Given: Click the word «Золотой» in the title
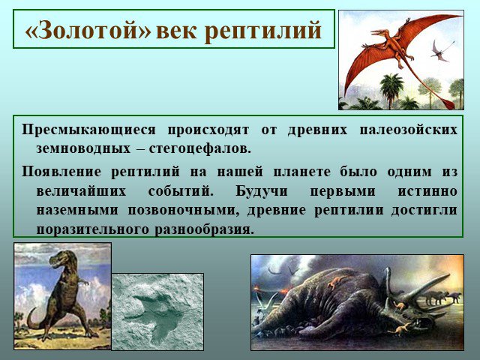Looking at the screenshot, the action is [88, 30].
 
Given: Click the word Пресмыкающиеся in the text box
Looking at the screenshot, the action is [88, 130].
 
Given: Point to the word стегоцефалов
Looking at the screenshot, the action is [200, 149].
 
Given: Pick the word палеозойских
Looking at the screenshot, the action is [409, 130].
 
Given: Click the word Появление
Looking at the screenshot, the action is [61, 172].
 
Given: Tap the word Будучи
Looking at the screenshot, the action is [262, 192].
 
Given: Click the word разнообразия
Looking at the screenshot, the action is [204, 230].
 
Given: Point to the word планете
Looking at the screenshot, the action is [301, 172].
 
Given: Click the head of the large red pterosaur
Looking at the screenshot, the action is [380, 32].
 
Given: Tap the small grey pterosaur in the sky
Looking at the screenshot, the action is [441, 52].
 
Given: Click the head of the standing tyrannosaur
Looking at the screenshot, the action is [60, 258].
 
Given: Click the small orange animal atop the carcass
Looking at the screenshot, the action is [336, 282].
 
